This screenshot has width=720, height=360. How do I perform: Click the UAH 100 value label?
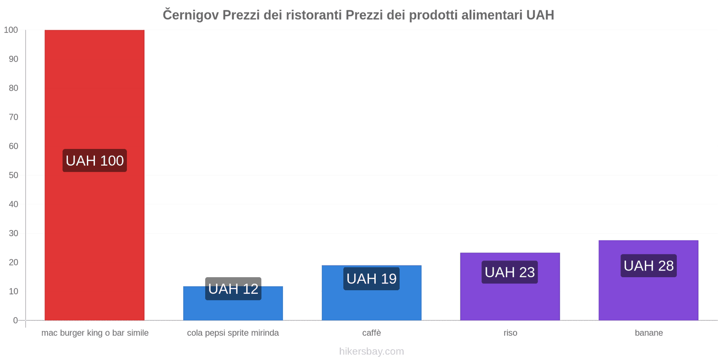tap(94, 161)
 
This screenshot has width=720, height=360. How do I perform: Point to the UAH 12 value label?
tap(233, 289)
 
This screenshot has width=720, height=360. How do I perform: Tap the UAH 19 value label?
tap(372, 279)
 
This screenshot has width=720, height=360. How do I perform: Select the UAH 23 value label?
tap(510, 272)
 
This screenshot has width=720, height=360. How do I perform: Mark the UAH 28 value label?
tap(648, 266)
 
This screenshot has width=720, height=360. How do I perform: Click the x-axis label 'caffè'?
tap(372, 333)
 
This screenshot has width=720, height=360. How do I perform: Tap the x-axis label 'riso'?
tap(510, 333)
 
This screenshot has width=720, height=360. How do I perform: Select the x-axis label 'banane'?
tap(648, 333)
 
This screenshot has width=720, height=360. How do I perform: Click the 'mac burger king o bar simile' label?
tap(95, 333)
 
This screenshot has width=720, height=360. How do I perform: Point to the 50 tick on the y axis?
tap(13, 175)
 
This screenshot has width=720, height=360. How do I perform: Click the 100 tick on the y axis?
tap(11, 30)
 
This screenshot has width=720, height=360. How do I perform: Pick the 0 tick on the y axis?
tap(15, 320)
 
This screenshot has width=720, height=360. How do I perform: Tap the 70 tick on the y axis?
tap(13, 117)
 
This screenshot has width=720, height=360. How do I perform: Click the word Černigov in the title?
tap(191, 15)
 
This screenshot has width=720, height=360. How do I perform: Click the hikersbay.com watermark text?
tap(372, 351)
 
